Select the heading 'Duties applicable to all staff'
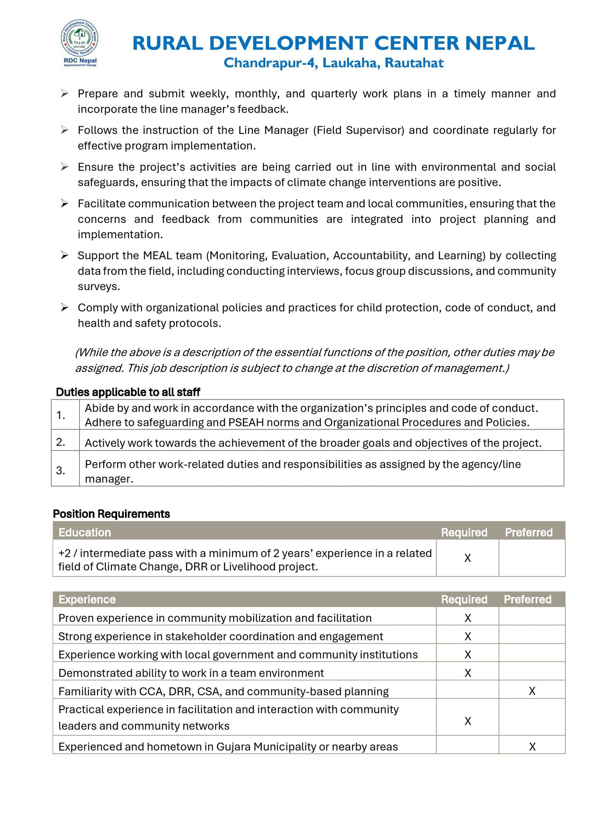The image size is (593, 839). [x=128, y=392]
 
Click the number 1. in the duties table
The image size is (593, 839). [x=61, y=415]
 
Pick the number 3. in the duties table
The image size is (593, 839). [x=61, y=471]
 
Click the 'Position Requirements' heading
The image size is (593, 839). [x=111, y=513]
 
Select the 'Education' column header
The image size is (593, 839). [x=85, y=532]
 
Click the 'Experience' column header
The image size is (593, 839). [x=87, y=599]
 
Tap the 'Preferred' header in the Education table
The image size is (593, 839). [x=529, y=532]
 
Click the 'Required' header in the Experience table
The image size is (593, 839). [x=464, y=599]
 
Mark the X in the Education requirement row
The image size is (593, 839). [x=468, y=558]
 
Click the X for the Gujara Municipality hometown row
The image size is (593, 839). [x=532, y=747]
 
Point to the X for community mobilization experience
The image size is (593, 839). [x=468, y=618]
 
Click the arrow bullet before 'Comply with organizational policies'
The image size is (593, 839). [x=64, y=307]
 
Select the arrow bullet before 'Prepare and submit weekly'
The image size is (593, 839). [x=64, y=94]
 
